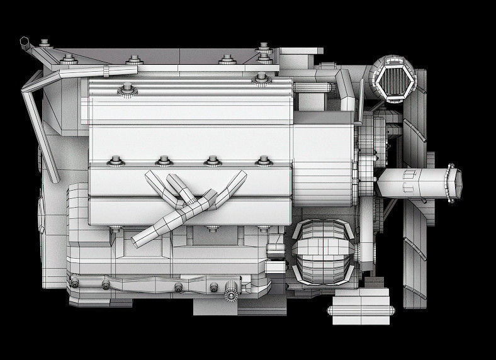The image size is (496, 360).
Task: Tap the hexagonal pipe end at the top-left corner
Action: click(25, 43)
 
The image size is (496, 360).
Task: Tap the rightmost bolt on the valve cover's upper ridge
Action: click(260, 79)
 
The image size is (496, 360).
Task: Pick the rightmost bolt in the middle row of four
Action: click(261, 161)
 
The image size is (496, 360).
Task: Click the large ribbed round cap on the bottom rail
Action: click(231, 294)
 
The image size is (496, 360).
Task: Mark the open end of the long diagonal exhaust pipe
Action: click(139, 240)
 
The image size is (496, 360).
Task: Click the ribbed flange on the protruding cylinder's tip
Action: click(451, 183)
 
